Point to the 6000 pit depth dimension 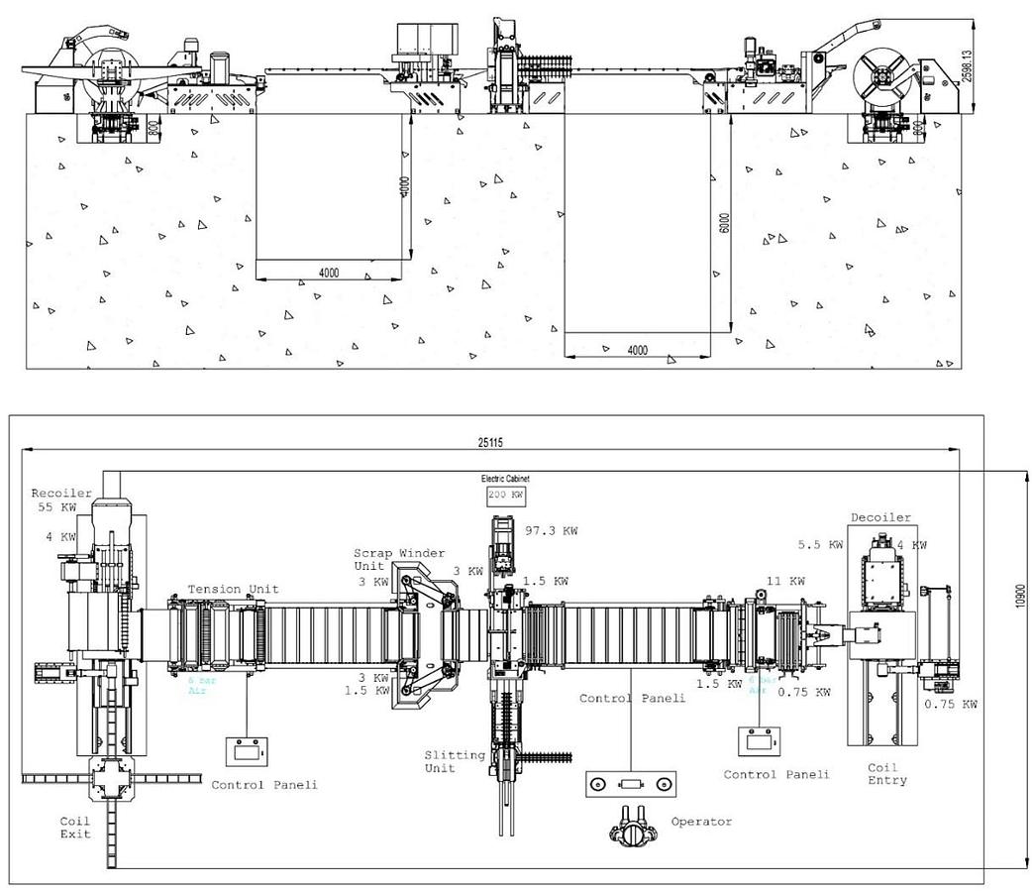point(724,224)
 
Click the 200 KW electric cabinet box point(505,494)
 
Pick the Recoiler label point(61,493)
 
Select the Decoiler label point(880,517)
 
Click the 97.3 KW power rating point(552,531)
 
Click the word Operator point(701,822)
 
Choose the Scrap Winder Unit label point(400,559)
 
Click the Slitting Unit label point(455,761)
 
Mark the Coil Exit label point(75,828)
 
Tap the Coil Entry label point(886,774)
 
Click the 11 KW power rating point(784,581)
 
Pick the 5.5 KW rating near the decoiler point(820,545)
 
